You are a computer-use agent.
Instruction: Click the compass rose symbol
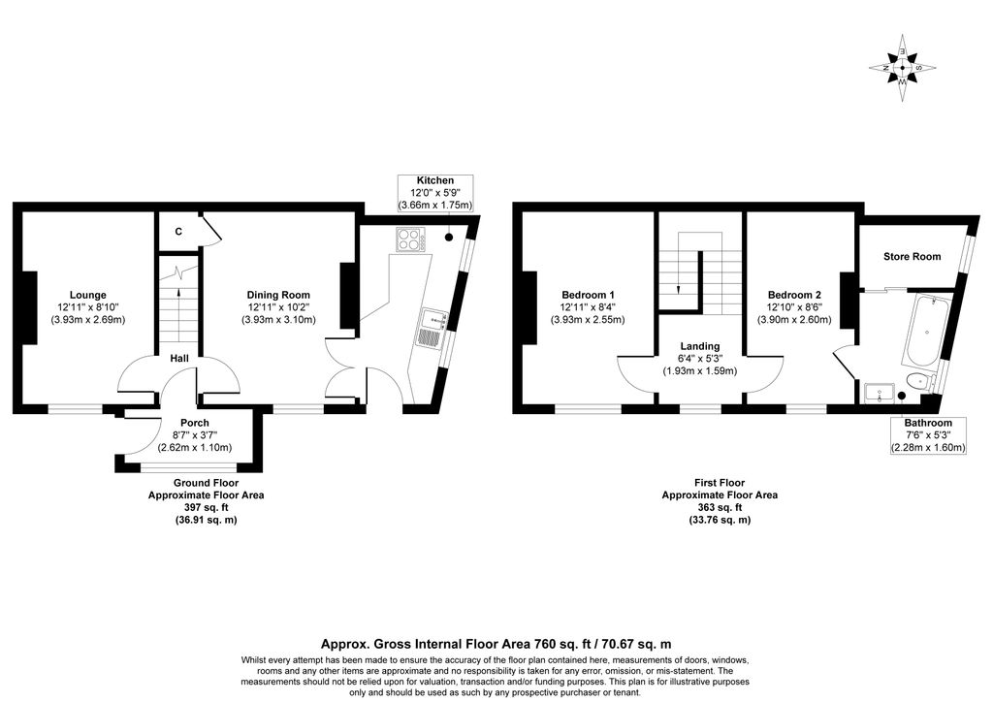point(903,68)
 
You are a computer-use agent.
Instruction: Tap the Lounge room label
point(88,307)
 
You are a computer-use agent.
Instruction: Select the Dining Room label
point(278,307)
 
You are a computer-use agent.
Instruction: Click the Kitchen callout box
point(435,193)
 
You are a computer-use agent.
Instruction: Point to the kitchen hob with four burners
point(411,239)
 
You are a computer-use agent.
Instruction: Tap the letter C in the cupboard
point(178,232)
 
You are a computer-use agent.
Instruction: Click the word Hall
point(179,359)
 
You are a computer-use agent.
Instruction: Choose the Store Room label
point(912,256)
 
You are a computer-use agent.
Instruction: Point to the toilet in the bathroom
point(920,382)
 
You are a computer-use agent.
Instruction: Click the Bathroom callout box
point(928,435)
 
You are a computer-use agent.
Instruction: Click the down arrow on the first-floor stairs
point(678,289)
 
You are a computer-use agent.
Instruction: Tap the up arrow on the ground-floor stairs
point(179,293)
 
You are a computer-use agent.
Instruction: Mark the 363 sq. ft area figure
point(720,508)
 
